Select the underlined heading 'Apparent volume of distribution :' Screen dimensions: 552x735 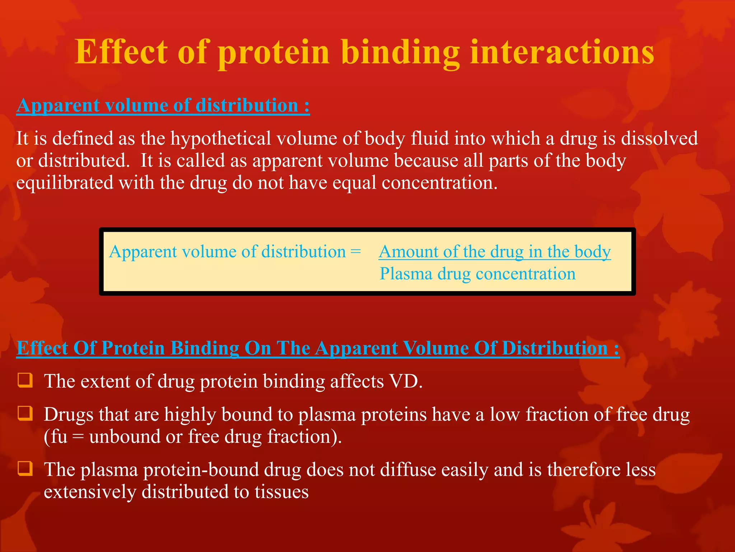[x=163, y=106]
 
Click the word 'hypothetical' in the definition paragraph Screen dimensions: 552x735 [x=220, y=139]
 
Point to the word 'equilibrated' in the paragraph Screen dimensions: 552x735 [x=65, y=183]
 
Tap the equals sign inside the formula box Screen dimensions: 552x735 [x=355, y=252]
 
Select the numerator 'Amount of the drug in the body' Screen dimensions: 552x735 [x=495, y=252]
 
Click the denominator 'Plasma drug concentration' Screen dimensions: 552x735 [x=477, y=274]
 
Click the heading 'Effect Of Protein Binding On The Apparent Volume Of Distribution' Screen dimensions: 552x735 [x=318, y=348]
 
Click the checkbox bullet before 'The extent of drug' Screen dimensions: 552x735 [x=25, y=380]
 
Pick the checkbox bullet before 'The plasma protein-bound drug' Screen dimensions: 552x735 [x=25, y=469]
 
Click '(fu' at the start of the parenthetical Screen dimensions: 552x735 [x=56, y=437]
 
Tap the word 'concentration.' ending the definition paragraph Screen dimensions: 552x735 [x=440, y=183]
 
